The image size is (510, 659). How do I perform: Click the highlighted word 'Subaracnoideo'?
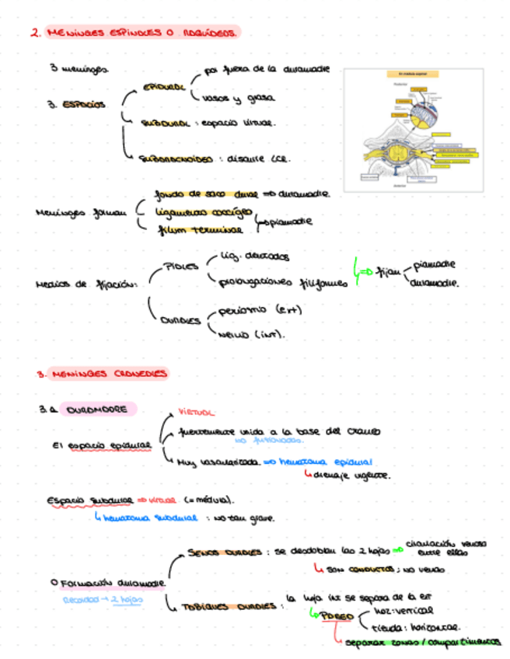click(x=176, y=160)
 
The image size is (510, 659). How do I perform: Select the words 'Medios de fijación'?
click(x=86, y=285)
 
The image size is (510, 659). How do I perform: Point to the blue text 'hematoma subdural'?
click(x=148, y=518)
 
